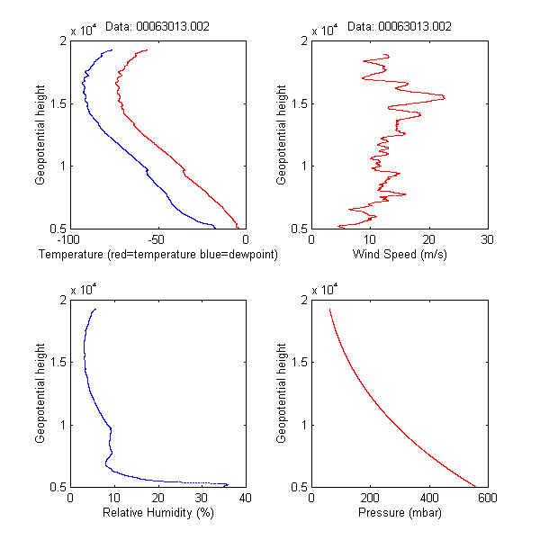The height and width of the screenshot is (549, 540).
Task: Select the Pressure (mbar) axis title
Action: pyautogui.click(x=399, y=514)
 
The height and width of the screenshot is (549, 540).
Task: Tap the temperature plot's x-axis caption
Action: pyautogui.click(x=157, y=255)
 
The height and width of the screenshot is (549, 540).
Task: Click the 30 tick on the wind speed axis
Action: pyautogui.click(x=487, y=240)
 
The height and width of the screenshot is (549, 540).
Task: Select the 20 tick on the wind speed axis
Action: pyautogui.click(x=428, y=240)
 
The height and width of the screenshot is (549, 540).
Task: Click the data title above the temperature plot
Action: pyautogui.click(x=157, y=26)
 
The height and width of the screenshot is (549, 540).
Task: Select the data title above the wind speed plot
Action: pyautogui.click(x=399, y=26)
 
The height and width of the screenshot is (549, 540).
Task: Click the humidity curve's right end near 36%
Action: pyautogui.click(x=228, y=484)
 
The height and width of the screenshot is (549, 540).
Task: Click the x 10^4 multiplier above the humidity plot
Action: pyautogui.click(x=84, y=291)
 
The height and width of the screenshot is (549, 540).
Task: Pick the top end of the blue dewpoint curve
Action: pyautogui.click(x=112, y=50)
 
